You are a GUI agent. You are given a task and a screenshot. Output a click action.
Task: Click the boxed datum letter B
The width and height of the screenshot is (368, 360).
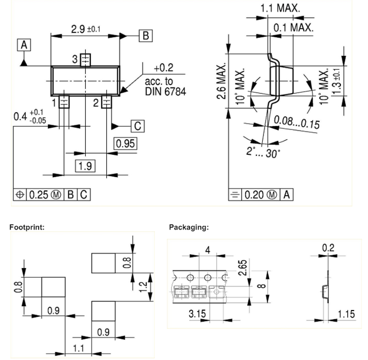point(145,36)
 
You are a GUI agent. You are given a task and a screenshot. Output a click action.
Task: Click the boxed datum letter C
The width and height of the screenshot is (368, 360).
point(138,126)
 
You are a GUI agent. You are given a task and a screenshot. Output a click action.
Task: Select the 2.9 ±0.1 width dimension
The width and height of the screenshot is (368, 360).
point(86,29)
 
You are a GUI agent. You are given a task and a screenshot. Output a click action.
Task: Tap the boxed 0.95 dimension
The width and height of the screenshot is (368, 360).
point(125,143)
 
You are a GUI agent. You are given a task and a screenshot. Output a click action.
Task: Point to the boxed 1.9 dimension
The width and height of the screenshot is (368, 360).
point(85,166)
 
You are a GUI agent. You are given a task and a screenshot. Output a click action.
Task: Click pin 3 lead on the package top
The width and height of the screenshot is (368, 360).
point(86,60)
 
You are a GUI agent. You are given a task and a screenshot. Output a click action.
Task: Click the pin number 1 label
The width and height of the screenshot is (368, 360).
point(54,103)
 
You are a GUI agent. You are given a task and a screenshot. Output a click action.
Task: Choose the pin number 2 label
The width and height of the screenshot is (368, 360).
point(96,103)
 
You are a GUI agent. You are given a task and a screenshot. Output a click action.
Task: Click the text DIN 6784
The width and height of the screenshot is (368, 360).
point(166,91)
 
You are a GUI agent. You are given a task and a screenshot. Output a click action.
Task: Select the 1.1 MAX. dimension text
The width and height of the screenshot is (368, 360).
point(280,8)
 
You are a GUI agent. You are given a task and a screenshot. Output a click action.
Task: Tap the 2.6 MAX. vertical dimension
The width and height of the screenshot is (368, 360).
point(221,81)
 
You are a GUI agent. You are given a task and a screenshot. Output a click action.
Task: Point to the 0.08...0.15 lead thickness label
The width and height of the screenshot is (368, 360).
point(297,122)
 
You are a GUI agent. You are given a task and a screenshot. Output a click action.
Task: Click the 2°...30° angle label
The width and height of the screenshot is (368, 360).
point(263,152)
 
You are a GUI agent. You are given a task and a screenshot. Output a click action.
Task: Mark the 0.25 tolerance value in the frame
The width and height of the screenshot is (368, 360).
point(39,195)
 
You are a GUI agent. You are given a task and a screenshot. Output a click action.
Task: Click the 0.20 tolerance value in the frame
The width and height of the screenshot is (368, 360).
point(254,195)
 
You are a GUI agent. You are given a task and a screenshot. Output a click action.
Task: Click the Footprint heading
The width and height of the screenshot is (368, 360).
point(27,227)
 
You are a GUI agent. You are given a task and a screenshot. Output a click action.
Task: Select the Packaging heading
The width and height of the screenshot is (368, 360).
point(189,227)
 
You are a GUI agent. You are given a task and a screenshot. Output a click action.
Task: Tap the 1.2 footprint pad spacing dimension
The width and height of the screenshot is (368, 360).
point(143,287)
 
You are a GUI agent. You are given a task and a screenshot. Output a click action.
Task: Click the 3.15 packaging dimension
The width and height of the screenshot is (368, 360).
point(197,313)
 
